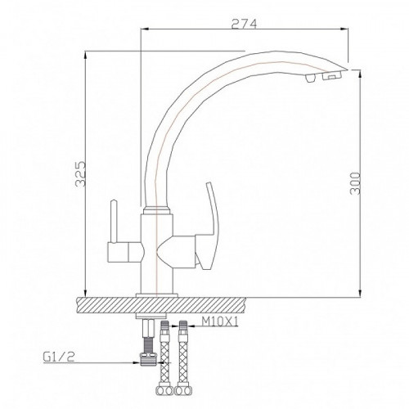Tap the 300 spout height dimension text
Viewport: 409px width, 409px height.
coord(354,189)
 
